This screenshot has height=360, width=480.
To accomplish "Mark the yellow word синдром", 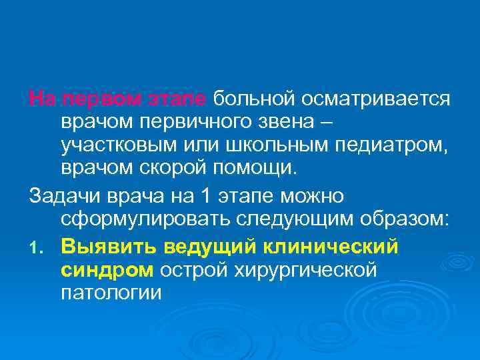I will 107,270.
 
